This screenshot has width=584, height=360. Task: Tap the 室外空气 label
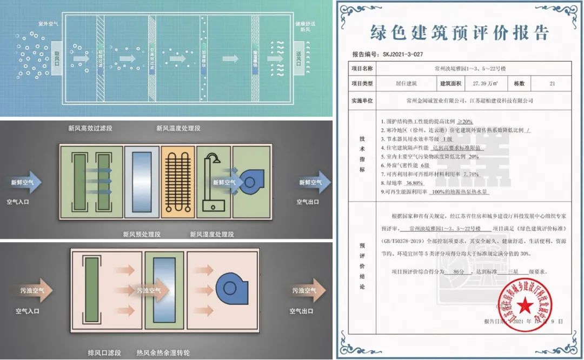[x=48, y=24]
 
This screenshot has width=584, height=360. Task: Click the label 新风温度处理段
[x=178, y=129]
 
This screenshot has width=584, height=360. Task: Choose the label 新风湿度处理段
[x=212, y=235]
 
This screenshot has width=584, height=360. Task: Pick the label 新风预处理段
[x=142, y=235]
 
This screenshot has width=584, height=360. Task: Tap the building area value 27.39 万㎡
[x=484, y=84]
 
